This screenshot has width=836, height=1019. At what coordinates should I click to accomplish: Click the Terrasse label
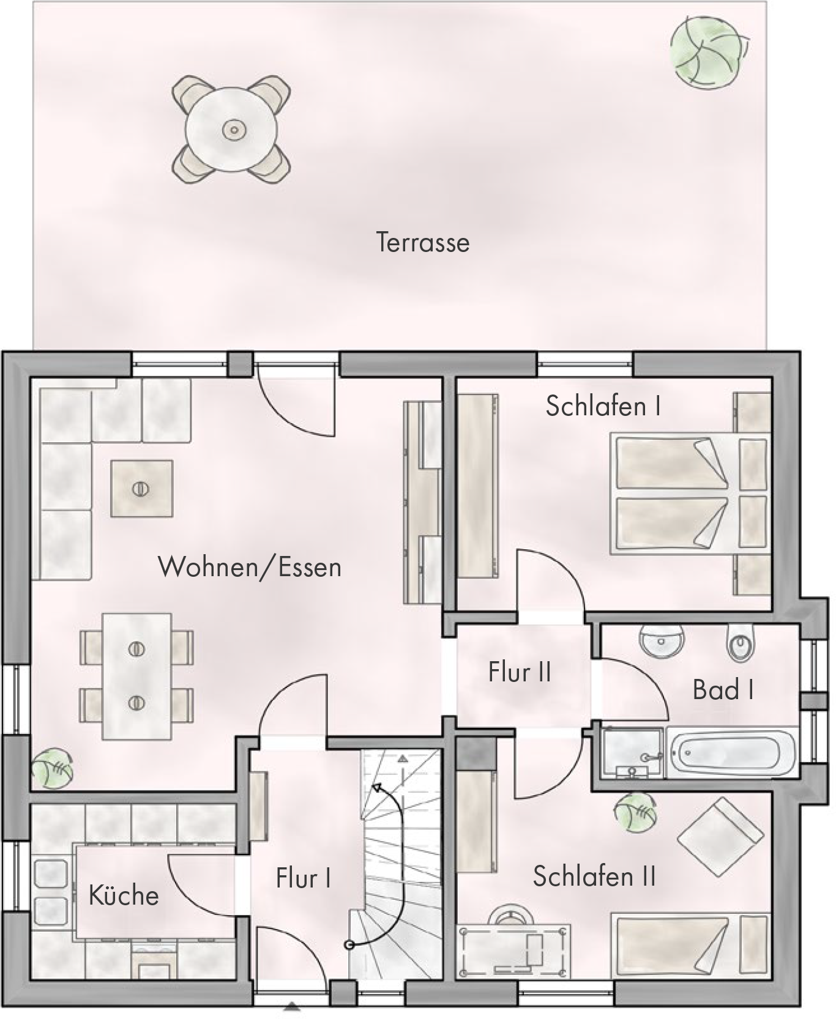click(x=422, y=242)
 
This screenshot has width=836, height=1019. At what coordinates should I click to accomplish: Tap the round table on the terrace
click(x=232, y=129)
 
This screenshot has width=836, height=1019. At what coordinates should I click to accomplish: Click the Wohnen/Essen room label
click(x=250, y=567)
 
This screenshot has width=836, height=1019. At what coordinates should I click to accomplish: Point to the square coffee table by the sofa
click(x=141, y=489)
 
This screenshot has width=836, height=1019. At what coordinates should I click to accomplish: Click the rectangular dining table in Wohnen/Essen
click(x=136, y=676)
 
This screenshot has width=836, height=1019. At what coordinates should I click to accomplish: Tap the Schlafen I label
click(x=603, y=406)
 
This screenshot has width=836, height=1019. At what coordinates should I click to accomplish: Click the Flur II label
click(x=520, y=672)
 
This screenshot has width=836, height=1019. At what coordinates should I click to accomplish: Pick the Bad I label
click(x=723, y=690)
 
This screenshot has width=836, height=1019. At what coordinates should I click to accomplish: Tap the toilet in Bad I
click(x=740, y=643)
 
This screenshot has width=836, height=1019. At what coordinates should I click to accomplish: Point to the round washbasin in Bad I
click(x=662, y=641)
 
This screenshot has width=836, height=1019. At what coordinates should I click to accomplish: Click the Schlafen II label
click(x=594, y=876)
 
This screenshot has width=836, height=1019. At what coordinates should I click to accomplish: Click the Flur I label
click(x=304, y=878)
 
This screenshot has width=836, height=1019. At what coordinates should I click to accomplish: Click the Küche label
click(x=124, y=895)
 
